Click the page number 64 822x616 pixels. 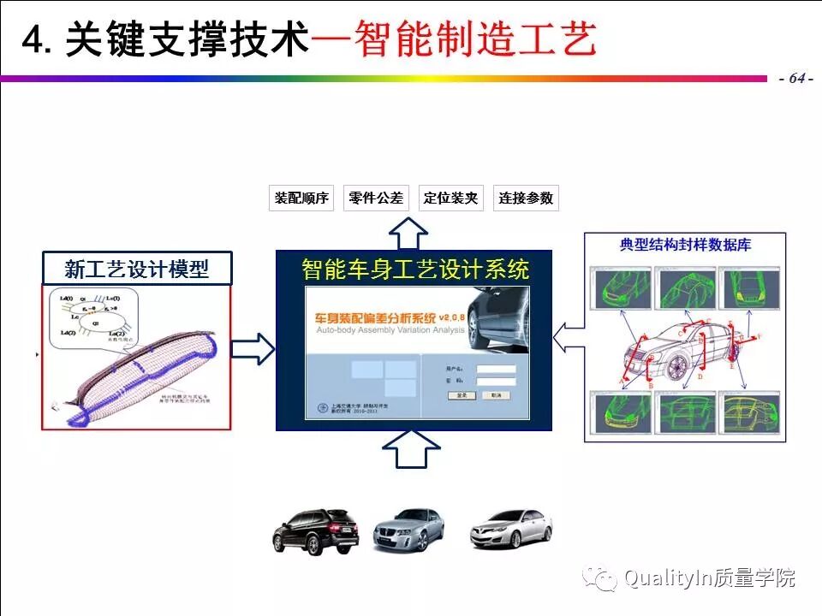pos(796,78)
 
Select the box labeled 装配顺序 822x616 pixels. pos(301,198)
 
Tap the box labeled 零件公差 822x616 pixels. pos(376,198)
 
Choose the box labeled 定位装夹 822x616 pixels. pos(450,198)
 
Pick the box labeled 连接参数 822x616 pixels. pos(526,198)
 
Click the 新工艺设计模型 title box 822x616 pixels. pos(137,269)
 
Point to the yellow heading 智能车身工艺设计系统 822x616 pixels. pos(415,269)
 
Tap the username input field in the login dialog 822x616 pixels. pos(496,370)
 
